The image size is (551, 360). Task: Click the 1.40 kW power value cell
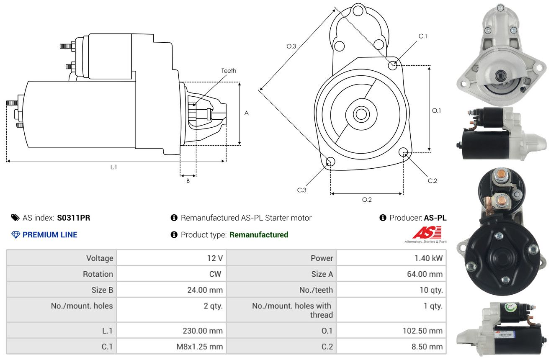(x=428, y=258)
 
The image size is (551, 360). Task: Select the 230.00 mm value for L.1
(x=203, y=331)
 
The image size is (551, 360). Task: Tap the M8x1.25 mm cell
(x=199, y=347)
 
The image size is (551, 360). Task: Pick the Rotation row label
(x=98, y=274)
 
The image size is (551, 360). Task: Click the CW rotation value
(x=215, y=274)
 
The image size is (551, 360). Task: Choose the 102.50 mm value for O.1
(x=422, y=331)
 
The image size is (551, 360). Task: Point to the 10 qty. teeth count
(x=431, y=290)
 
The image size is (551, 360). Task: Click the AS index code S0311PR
(x=74, y=218)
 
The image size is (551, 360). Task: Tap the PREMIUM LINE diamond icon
(x=15, y=235)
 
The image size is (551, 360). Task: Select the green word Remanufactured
(x=259, y=235)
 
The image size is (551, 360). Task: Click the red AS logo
(x=427, y=232)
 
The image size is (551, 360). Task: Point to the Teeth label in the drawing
(x=229, y=71)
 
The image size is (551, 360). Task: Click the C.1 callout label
(x=422, y=36)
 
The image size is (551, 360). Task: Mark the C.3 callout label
(x=301, y=190)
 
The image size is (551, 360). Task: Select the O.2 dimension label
(x=367, y=200)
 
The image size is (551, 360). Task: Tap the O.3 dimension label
(x=291, y=46)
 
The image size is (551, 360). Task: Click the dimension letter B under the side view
(x=188, y=181)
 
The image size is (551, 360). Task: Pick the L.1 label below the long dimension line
(x=113, y=167)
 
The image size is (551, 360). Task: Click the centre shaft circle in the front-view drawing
(x=361, y=114)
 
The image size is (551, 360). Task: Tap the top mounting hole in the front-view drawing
(x=358, y=11)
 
